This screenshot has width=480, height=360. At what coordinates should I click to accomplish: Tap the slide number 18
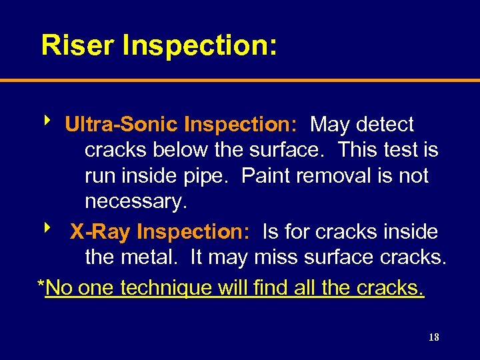click(x=433, y=337)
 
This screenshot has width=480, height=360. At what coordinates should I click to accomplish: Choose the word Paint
click(x=267, y=176)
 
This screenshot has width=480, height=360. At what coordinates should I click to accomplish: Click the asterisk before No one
click(x=41, y=285)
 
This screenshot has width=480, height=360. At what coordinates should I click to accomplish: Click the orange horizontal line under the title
click(x=240, y=81)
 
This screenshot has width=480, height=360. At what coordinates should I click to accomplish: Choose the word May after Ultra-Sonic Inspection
click(x=331, y=125)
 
